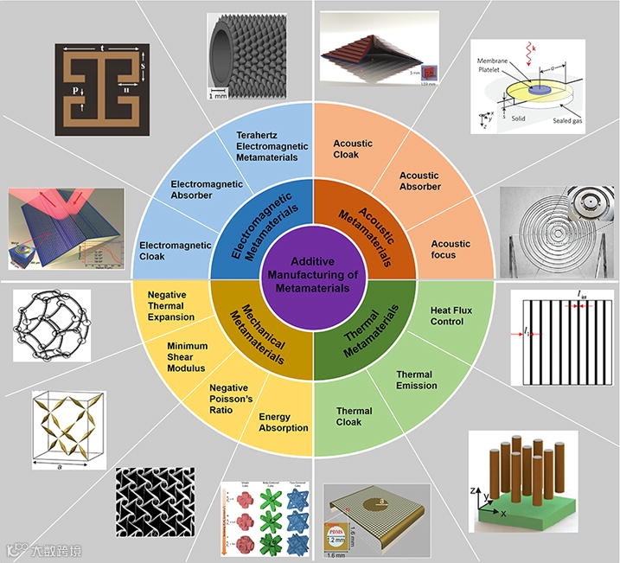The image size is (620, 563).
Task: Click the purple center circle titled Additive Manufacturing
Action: coord(310,274)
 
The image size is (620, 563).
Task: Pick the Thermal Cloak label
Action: coord(354,417)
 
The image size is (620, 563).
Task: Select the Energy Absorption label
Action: coord(284,422)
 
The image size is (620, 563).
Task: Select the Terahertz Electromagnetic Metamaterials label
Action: coord(266,144)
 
